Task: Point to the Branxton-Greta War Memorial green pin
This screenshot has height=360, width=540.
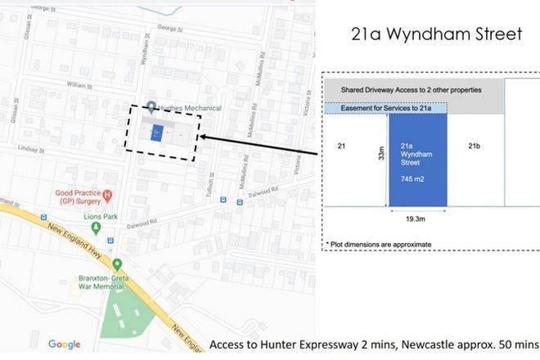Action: click(117, 264)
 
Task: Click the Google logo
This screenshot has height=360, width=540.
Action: click(65, 344)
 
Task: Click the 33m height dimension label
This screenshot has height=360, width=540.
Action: click(381, 155)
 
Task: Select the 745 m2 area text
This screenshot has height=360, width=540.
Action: click(412, 178)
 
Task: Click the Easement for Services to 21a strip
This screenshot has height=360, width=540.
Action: click(385, 108)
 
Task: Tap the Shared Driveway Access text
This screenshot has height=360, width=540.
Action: click(404, 89)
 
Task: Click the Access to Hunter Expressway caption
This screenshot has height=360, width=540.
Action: click(373, 345)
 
